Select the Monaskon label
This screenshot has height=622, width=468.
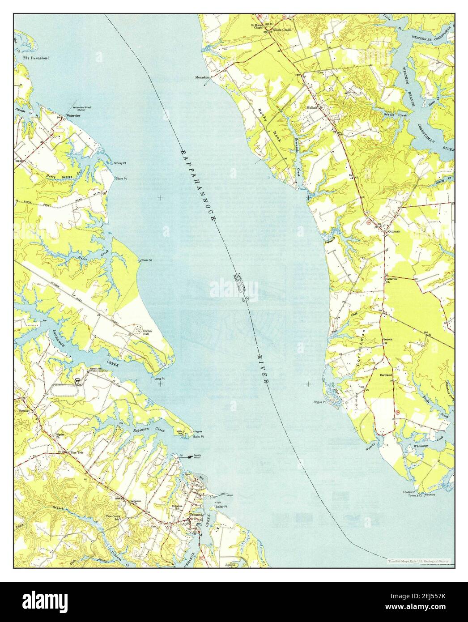coord(202,77)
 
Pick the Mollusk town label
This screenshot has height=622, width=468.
coord(312,108)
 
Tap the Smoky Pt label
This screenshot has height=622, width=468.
coord(120,163)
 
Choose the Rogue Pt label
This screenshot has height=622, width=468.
coord(319,402)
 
